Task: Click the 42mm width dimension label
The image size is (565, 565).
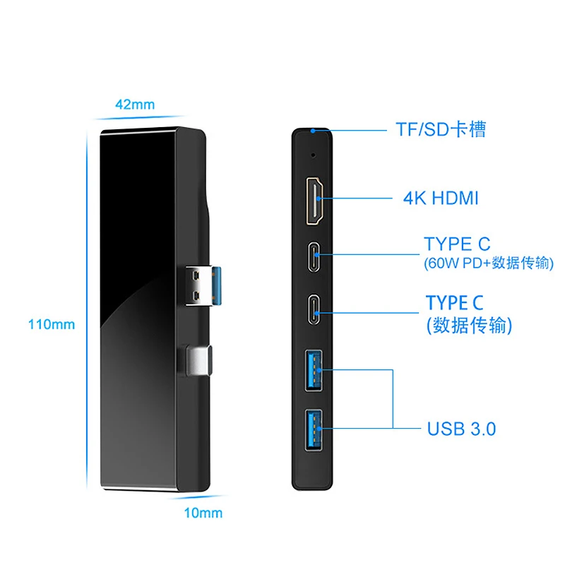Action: click(x=135, y=105)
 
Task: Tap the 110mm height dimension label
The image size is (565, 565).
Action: click(x=52, y=326)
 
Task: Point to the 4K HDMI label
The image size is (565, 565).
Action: click(x=441, y=198)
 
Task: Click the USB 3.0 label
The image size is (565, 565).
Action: click(x=461, y=429)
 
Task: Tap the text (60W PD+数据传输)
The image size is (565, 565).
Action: click(x=489, y=263)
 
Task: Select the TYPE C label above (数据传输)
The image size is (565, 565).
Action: click(x=455, y=303)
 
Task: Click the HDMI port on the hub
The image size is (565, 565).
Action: click(x=315, y=201)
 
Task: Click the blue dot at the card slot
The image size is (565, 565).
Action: click(x=312, y=131)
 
